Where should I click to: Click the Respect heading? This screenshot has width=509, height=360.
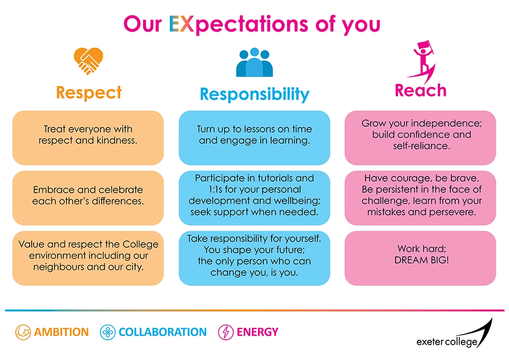pos(89,93)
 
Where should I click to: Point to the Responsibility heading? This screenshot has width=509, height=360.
pos(255,94)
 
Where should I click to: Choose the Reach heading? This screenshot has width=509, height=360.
pos(421,90)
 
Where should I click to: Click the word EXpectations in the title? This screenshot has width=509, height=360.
pos(238,24)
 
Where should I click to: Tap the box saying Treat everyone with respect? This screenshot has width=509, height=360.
pos(88,138)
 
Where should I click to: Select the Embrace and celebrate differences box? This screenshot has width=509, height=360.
pos(88,198)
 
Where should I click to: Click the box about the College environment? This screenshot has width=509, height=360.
pos(88,258)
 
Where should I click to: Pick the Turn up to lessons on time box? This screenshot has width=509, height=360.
pos(254,138)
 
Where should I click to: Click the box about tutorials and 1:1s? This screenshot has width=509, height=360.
pos(254,198)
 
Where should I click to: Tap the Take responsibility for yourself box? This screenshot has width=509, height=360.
pos(254,258)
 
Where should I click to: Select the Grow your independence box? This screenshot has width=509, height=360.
pos(420,138)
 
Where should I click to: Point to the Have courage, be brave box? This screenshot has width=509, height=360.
pos(420,198)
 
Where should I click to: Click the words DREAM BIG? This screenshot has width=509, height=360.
pos(422,260)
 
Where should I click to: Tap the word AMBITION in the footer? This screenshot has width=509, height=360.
pos(61,332)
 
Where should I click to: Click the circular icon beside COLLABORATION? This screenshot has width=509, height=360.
pos(107,333)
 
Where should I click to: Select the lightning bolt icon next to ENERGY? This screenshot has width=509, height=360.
pos(225,333)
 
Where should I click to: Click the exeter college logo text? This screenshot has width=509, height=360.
pos(447,342)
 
